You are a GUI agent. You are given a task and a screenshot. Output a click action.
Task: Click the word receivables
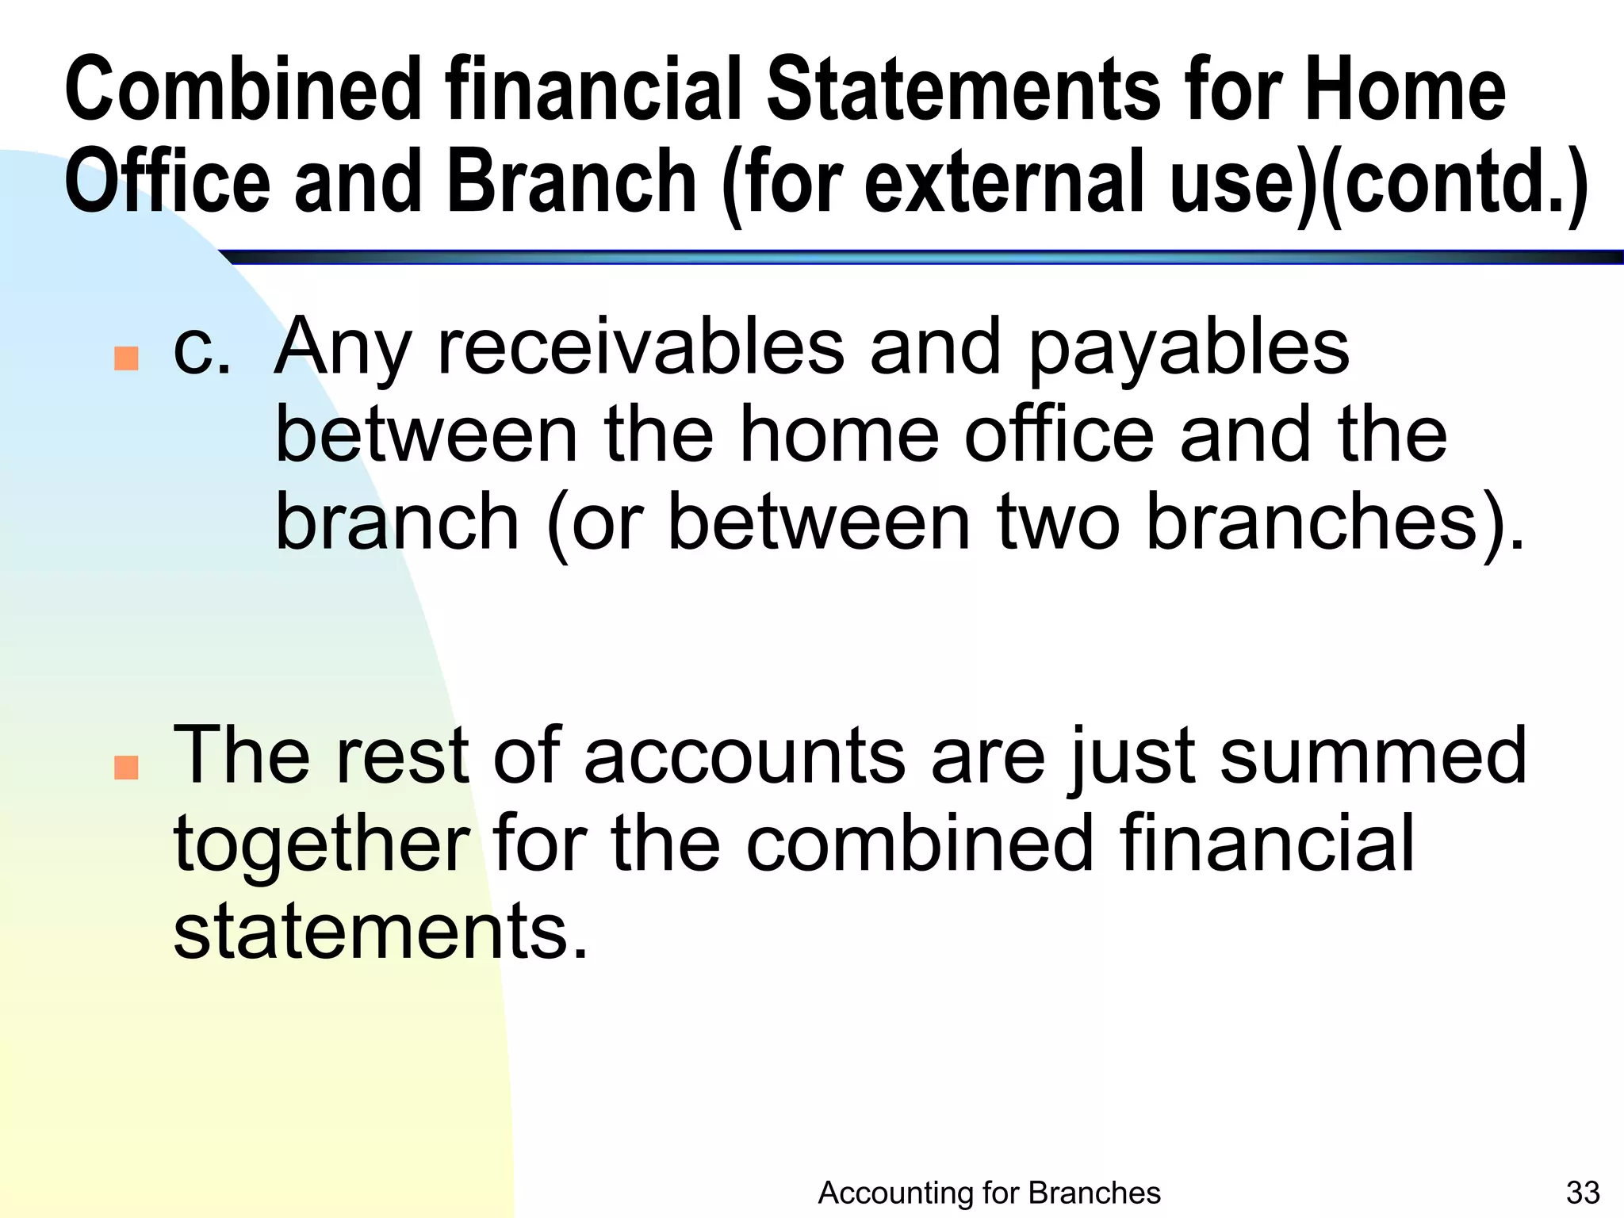[x=641, y=349]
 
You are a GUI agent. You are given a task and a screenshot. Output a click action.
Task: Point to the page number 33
[x=1583, y=1193]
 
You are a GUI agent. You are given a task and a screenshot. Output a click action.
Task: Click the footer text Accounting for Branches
[x=989, y=1193]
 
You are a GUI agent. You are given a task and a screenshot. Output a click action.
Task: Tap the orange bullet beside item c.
[x=126, y=358]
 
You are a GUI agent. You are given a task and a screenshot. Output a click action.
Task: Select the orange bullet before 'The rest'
[x=126, y=767]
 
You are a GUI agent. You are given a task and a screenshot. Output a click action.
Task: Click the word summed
[x=1373, y=756]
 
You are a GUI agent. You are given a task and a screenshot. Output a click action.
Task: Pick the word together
[x=322, y=845]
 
